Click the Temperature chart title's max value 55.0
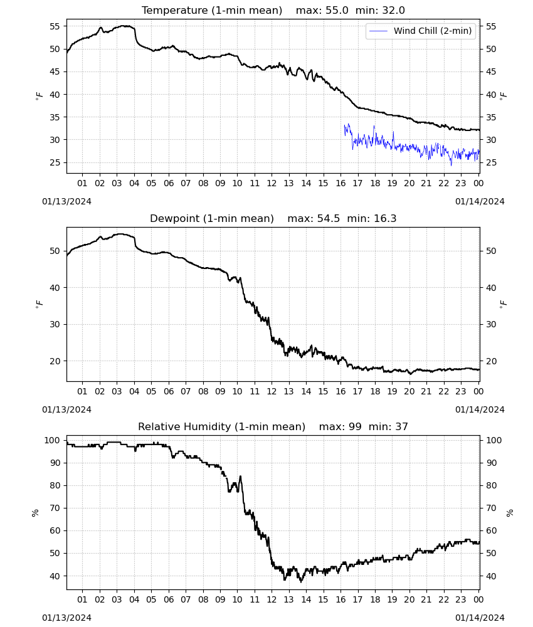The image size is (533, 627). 337,11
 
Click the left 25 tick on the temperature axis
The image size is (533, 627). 55,162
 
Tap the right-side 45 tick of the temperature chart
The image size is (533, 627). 491,71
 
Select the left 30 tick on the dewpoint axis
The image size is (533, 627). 55,324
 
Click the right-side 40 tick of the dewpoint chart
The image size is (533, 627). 491,288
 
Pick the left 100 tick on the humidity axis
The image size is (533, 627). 53,440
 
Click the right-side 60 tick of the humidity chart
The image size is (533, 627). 491,530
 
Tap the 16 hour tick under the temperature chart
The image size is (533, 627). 340,183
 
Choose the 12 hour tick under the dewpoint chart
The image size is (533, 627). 272,391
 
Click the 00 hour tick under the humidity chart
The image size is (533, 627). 478,599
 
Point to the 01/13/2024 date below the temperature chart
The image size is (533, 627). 66,201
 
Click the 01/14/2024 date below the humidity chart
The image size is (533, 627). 480,618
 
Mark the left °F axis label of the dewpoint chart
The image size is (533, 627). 39,304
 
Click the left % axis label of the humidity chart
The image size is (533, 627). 35,513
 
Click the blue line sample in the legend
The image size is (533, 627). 378,31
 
